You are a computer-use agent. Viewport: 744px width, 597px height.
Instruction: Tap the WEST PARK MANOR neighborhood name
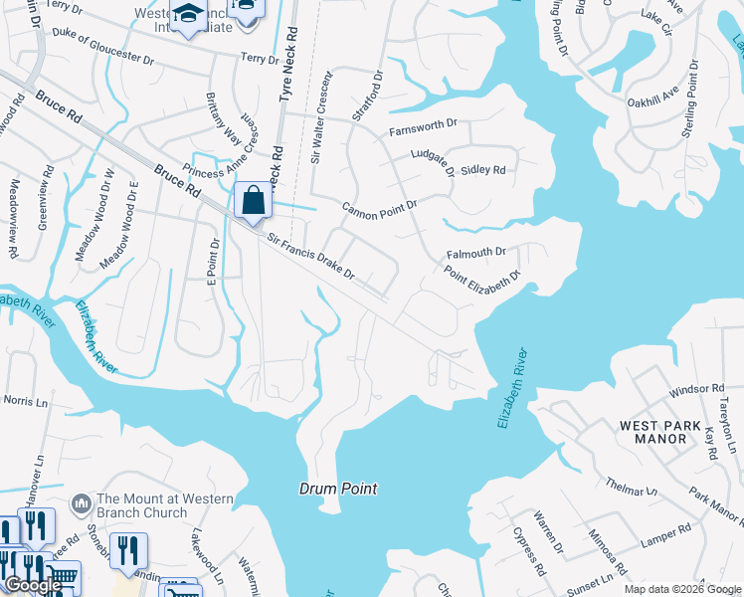coord(653,432)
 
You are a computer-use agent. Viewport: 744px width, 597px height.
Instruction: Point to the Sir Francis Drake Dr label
coord(311,257)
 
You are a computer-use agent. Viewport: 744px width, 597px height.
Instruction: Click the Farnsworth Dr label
coord(423,127)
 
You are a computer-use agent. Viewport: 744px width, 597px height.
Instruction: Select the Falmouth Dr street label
coord(476,253)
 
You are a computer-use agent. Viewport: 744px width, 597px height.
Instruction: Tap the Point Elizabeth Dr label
coord(482,275)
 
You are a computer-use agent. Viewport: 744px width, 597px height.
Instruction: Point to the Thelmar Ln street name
coord(632,487)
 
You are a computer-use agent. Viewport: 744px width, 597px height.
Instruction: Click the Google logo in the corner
coord(34,585)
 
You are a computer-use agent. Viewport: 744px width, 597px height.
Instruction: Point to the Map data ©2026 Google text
coord(681,589)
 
